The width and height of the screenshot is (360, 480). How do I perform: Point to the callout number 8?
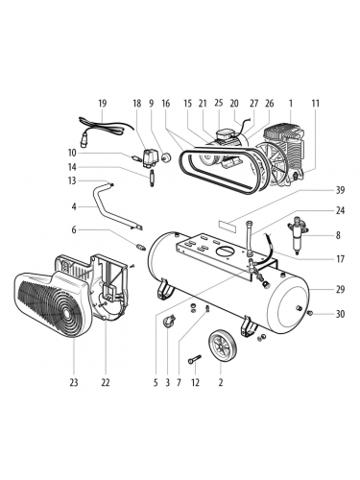(338, 234)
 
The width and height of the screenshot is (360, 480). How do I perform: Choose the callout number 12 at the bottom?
(196, 383)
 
